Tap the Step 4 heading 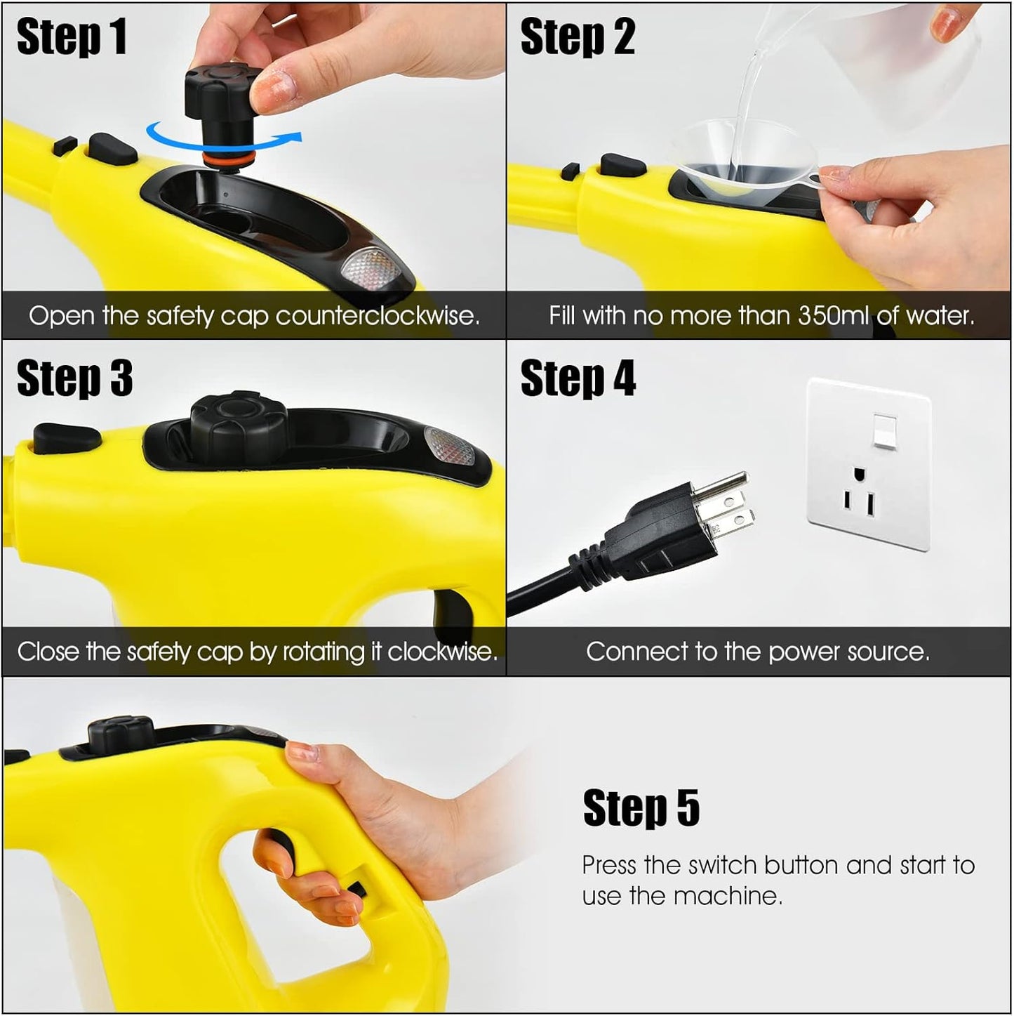point(578,378)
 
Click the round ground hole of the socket point(858,475)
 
